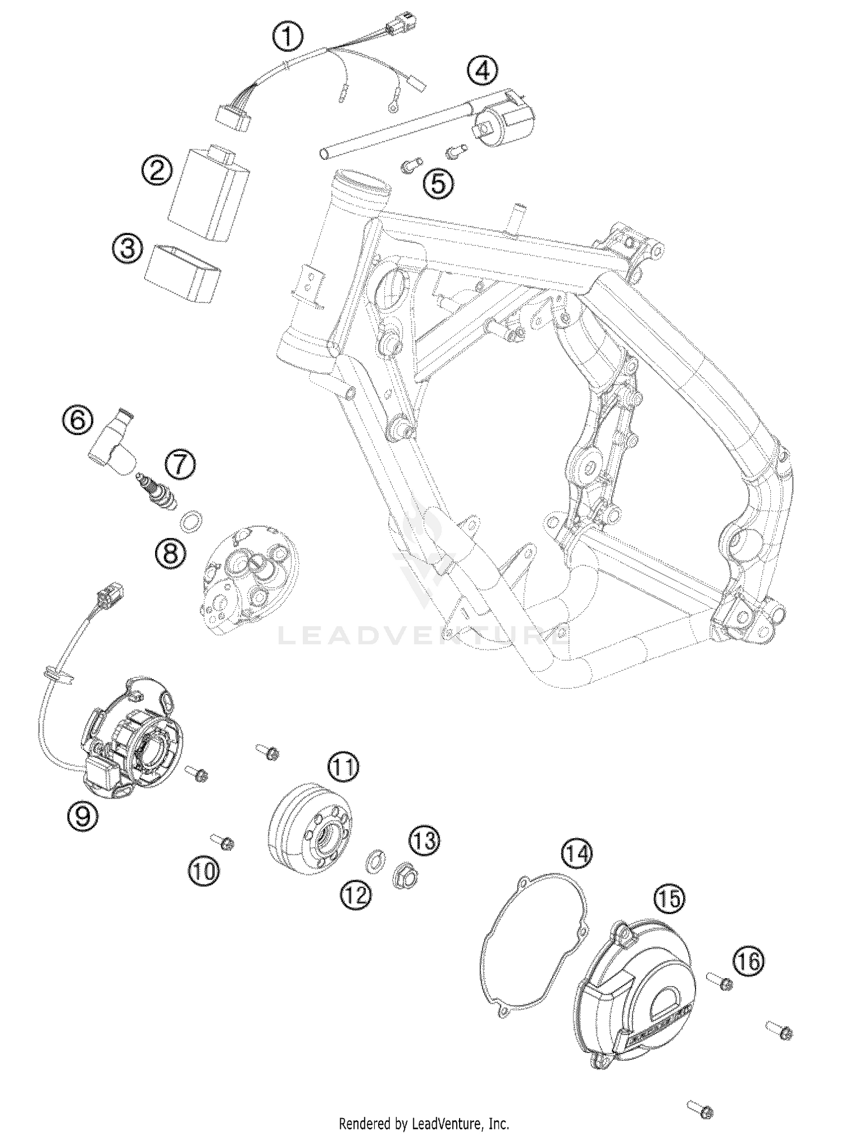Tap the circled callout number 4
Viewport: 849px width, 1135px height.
pos(483,71)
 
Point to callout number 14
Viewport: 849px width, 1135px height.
pos(576,869)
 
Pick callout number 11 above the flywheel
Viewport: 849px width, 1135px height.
pos(344,767)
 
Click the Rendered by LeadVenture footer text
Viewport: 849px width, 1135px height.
pos(423,1123)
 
